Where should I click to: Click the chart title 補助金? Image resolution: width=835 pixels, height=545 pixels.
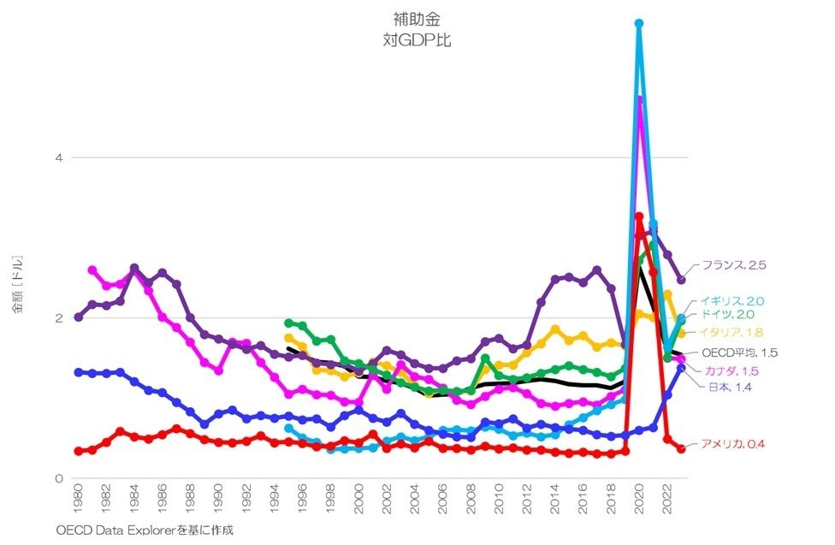click(417, 18)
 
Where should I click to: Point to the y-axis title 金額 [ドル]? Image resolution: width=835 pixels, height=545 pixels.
click(18, 283)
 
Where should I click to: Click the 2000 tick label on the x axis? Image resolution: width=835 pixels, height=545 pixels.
click(359, 501)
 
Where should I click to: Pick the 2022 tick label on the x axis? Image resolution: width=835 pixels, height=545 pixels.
click(668, 501)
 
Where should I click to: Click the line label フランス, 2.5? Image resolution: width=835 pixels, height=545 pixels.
click(733, 265)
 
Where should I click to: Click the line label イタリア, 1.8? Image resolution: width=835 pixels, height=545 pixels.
click(731, 332)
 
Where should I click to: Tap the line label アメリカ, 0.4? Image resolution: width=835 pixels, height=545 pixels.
click(732, 443)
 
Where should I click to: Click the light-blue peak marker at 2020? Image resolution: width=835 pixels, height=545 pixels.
click(639, 23)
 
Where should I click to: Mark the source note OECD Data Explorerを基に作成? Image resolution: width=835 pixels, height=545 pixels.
click(145, 530)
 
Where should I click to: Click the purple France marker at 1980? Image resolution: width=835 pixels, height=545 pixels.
click(79, 317)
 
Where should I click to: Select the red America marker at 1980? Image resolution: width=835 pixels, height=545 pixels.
click(79, 451)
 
